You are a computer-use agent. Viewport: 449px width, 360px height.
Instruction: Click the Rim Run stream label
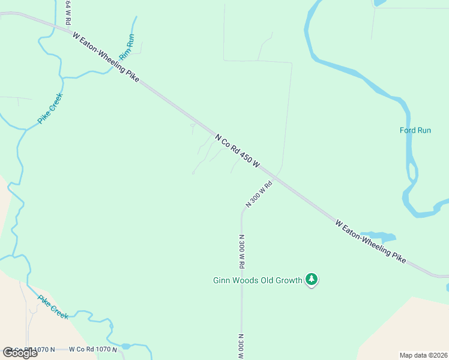127,47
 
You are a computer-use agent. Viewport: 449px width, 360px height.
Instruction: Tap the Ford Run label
415,130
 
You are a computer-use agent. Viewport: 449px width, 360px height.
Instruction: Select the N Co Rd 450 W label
238,151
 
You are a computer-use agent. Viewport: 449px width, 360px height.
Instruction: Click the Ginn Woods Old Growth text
258,280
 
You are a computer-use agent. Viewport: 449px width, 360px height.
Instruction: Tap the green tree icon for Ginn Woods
311,279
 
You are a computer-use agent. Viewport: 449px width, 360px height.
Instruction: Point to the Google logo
20,352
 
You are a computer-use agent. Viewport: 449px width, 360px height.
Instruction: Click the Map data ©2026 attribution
423,355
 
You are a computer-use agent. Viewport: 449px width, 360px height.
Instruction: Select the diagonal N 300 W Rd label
259,194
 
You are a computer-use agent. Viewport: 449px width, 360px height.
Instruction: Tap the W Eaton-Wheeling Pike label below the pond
370,242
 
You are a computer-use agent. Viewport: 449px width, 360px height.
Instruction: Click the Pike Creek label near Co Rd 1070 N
53,307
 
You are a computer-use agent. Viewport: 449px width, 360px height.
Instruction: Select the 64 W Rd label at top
68,12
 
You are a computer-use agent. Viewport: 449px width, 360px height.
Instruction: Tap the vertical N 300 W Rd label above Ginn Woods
241,251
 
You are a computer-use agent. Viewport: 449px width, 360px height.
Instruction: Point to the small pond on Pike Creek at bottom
125,346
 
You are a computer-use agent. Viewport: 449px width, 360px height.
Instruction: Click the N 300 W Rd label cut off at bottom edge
241,346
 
